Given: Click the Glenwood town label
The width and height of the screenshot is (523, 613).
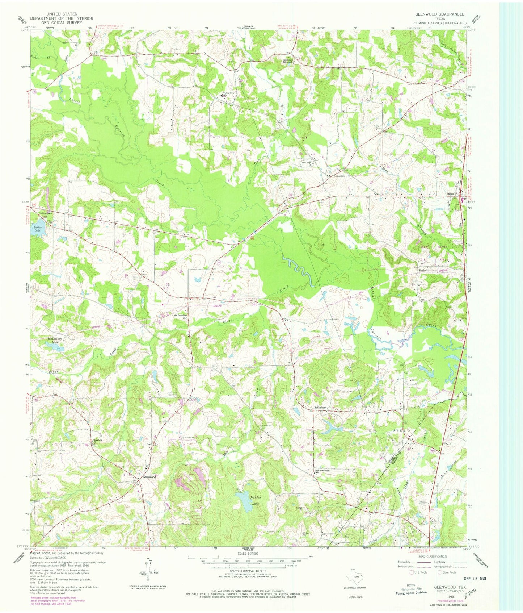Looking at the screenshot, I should tap(149, 477).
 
